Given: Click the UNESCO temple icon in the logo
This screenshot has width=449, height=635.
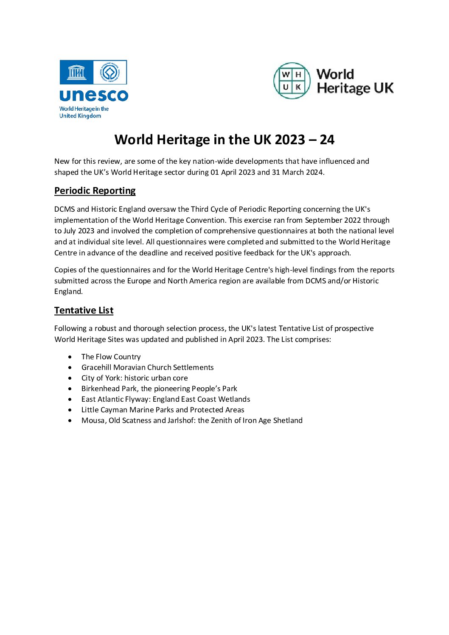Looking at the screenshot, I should point(76,73).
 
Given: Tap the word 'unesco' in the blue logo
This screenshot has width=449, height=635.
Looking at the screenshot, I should point(94,95).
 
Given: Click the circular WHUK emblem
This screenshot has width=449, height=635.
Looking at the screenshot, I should point(292,81).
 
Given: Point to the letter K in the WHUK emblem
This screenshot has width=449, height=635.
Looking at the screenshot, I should point(298,87).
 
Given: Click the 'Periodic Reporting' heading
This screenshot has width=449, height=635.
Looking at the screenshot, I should point(95,191).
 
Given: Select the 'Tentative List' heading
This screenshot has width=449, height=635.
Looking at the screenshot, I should point(84,311).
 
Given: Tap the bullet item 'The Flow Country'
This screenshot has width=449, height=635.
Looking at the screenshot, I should point(111,357).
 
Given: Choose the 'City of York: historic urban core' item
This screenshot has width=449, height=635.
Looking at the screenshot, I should point(135,378).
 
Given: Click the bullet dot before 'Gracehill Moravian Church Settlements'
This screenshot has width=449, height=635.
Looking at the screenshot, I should point(70,367).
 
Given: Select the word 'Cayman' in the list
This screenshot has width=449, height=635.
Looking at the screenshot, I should point(115,410).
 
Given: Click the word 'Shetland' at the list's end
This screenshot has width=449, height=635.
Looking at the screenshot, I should point(288,420).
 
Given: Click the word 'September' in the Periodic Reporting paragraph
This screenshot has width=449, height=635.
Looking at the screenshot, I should point(324,220).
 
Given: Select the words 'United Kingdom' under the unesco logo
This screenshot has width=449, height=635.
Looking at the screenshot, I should point(80,116).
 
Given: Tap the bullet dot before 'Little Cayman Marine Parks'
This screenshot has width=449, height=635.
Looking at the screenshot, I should point(70,410).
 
